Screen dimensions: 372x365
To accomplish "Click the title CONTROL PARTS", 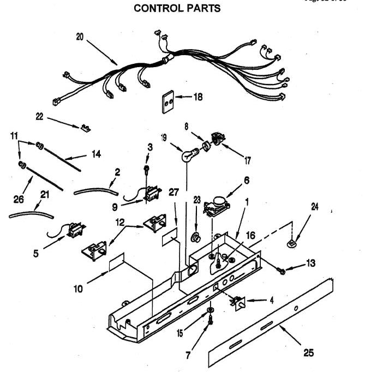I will (177, 8).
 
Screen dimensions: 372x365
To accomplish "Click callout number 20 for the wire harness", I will (80, 38).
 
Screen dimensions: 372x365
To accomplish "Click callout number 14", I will (96, 154).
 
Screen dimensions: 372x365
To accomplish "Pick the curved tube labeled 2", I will (95, 191).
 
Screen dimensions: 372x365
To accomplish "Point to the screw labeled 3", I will (147, 170).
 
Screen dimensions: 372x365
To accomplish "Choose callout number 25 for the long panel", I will (308, 352).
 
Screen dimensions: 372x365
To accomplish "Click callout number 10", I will (79, 289).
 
